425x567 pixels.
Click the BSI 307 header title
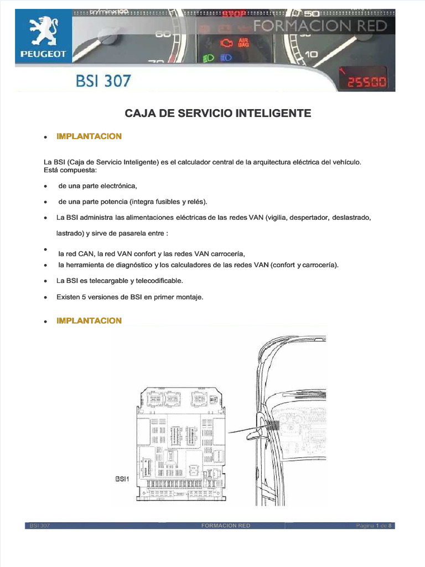pos(103,81)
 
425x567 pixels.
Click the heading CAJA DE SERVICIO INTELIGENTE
pos(218,114)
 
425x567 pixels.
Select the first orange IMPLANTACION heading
pos(89,136)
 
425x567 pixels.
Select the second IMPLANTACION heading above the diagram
pos(89,321)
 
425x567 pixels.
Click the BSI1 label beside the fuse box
pos(122,479)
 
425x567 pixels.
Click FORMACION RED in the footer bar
pos(226,525)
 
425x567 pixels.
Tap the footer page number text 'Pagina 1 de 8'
pos(375,525)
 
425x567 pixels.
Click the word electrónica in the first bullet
pos(117,185)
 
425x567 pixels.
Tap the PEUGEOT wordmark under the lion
pos(43,54)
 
